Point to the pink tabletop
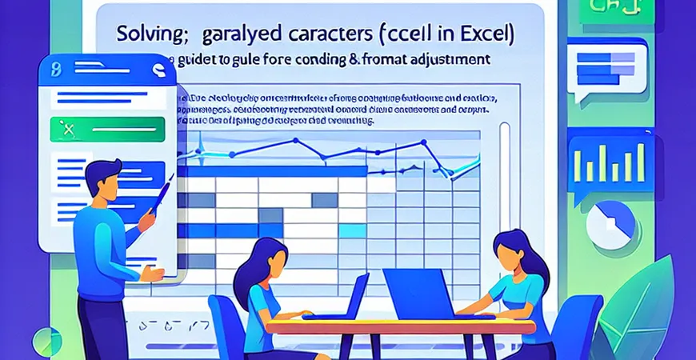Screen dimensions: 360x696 coord(400,326)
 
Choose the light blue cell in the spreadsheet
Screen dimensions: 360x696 coord(351,231)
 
